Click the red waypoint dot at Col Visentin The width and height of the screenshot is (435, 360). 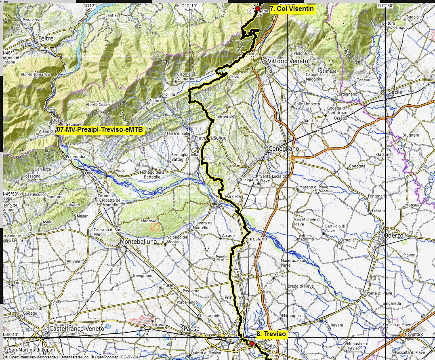click(257, 8)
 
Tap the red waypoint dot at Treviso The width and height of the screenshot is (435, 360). click(252, 343)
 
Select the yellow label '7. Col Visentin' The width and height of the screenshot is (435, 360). click(292, 8)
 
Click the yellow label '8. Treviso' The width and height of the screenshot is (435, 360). click(271, 334)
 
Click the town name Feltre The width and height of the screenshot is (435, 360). click(46, 38)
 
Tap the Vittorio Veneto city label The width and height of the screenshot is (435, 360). click(288, 61)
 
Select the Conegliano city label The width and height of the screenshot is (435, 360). click(284, 149)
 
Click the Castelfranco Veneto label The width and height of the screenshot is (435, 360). click(76, 329)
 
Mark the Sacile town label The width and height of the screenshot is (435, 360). click(395, 92)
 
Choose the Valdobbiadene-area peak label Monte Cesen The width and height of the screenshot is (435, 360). click(98, 105)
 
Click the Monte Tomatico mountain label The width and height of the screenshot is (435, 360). click(36, 74)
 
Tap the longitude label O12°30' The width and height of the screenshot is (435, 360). click(385, 6)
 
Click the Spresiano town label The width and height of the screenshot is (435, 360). click(256, 239)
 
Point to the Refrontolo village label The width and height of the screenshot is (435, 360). click(225, 117)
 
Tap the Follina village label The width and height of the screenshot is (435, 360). click(169, 94)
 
